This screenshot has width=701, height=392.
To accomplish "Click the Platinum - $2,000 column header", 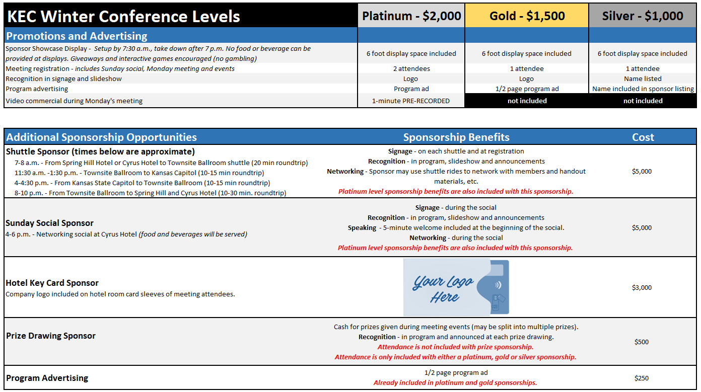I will coord(411,16).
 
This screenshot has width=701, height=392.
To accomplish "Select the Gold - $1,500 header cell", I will coord(526,16).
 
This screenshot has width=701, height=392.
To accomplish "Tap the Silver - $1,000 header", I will coord(643,16).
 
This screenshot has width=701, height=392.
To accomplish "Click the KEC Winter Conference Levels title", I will coord(123,17).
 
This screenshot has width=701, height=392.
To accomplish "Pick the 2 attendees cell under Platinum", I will coord(411,68).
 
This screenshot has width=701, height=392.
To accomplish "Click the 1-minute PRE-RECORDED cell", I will coord(411,101).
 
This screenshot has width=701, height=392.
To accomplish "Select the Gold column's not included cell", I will coord(527,101).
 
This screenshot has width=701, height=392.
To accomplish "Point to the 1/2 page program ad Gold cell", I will coord(526,89).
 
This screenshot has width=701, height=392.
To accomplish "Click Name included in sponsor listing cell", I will coord(643,89).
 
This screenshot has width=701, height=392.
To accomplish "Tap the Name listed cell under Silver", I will coord(643,79).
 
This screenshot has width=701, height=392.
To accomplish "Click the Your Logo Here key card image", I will coord(456,288).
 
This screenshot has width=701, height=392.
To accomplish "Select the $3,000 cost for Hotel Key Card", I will coord(642,288).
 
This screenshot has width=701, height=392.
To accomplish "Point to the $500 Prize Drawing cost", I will coord(642,342).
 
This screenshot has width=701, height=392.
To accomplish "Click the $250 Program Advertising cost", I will coord(642,378).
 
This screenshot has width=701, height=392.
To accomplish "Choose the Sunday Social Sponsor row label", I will coord(49,223).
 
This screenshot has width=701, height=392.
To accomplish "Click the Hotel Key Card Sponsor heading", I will coord(52,283).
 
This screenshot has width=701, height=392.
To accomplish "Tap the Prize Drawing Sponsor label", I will coord(51,336).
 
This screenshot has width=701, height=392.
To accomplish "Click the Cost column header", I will coord(643,137).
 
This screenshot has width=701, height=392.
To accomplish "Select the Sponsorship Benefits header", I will coord(456,137).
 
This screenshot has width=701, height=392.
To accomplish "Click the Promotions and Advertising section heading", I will coord(77,36).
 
